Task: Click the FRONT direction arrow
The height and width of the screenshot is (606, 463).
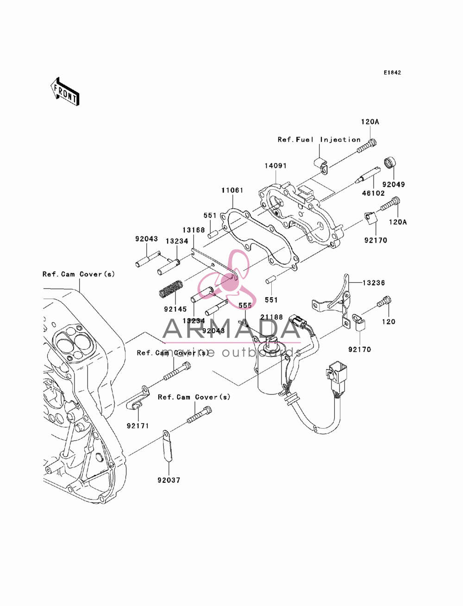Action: (x=65, y=91)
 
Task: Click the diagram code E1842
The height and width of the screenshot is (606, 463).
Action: (x=392, y=73)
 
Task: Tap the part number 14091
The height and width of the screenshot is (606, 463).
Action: (x=275, y=166)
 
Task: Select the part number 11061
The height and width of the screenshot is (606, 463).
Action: (x=232, y=190)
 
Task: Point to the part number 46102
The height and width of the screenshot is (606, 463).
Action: (x=373, y=193)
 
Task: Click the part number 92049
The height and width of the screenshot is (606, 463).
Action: (x=394, y=184)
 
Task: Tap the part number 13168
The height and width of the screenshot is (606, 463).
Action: (x=194, y=230)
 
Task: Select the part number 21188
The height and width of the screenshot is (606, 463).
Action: (x=271, y=317)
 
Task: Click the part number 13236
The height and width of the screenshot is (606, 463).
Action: (x=374, y=283)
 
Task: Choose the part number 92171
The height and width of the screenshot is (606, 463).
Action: (x=138, y=426)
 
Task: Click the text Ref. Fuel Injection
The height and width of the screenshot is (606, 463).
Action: (x=319, y=140)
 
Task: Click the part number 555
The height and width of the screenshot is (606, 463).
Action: (x=245, y=306)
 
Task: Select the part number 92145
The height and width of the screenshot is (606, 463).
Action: (x=175, y=309)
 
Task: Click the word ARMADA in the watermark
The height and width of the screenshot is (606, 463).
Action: (x=231, y=329)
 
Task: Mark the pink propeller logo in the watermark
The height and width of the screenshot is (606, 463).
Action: (x=224, y=277)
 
